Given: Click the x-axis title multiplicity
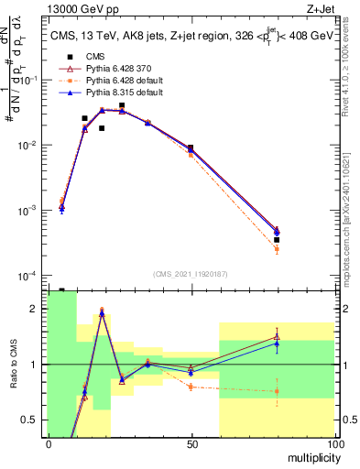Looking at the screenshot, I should click(x=309, y=457).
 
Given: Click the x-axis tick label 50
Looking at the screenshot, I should click(x=191, y=444).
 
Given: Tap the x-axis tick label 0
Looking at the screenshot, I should click(x=49, y=444).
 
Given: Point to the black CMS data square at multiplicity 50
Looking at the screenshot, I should click(x=191, y=147).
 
